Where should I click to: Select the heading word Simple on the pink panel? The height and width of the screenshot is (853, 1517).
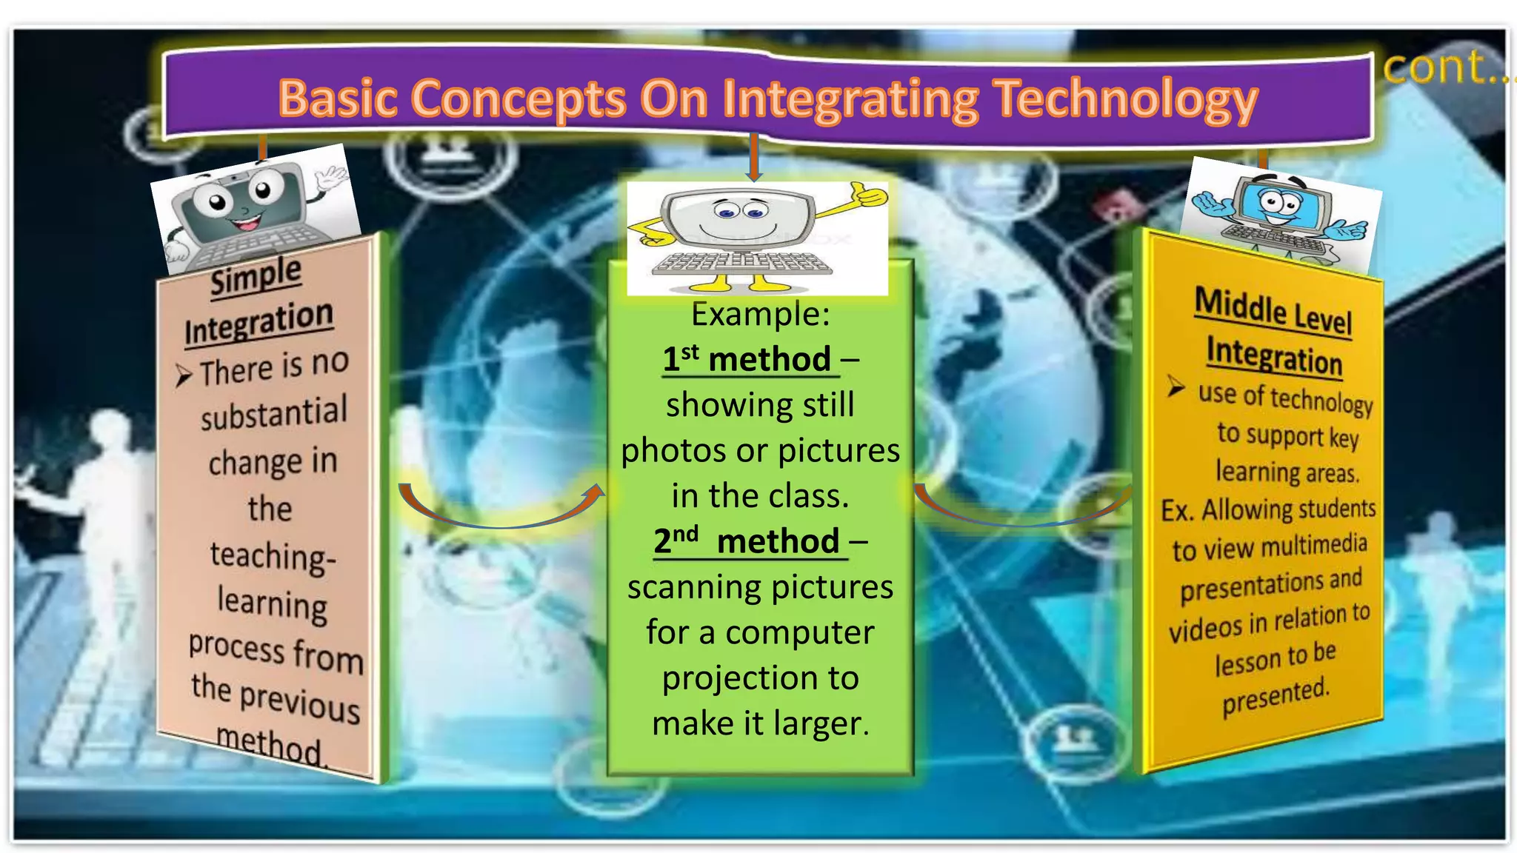[x=256, y=276]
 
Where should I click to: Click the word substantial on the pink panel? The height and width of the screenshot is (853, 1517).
[x=273, y=413]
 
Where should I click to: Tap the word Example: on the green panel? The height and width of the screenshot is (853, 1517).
[x=760, y=314]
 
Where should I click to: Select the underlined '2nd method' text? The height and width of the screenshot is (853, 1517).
[x=747, y=541]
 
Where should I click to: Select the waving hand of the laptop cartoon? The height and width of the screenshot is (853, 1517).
[x=330, y=178]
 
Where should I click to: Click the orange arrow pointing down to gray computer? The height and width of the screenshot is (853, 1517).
[x=754, y=158]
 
